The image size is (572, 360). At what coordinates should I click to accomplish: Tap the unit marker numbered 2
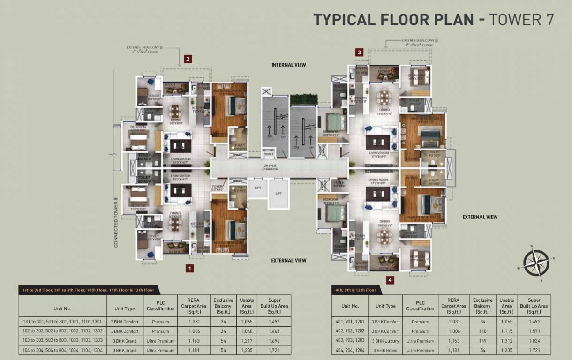click(188, 59)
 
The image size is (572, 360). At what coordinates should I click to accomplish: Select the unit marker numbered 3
click(360, 52)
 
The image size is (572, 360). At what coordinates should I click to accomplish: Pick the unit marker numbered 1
click(189, 269)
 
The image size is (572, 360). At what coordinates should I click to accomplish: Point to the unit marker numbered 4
click(390, 281)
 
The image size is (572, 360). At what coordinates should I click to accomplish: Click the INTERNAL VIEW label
click(288, 65)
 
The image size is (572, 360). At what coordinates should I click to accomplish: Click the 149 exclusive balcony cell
click(482, 341)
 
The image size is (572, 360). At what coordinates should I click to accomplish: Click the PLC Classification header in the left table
click(160, 306)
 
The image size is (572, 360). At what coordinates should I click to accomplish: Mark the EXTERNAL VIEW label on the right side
click(480, 217)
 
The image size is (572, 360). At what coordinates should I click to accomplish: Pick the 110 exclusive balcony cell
click(482, 331)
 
